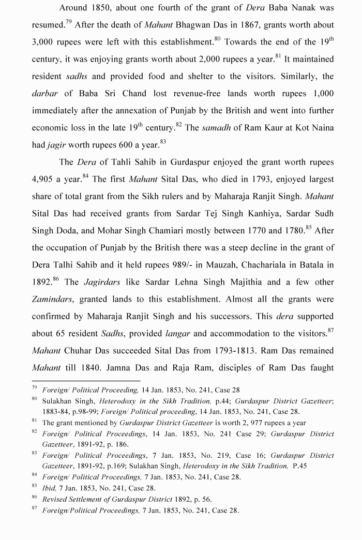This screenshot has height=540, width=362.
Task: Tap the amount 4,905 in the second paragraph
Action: coord(46,179)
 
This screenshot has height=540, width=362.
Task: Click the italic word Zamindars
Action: coord(52,299)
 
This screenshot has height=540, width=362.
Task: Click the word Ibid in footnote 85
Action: coord(49,487)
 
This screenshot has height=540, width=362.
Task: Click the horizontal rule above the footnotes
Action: coord(86,381)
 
